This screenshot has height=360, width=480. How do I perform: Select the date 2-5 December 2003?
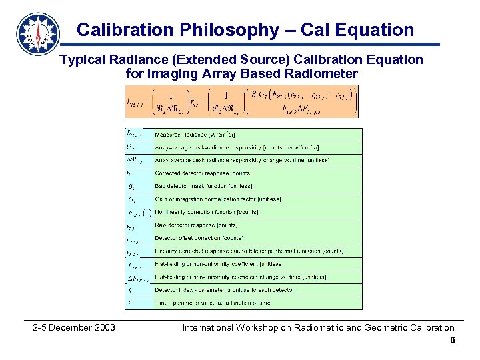coord(74,327)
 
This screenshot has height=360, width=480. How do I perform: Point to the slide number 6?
coord(452,340)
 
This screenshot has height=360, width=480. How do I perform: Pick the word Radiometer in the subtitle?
coord(324,73)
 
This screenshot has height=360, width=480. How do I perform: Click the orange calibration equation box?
coord(242,101)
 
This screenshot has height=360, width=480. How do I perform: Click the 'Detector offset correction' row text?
coord(199,238)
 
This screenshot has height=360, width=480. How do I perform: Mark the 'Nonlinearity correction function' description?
coord(206,212)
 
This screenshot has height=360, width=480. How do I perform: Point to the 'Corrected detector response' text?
coord(203,173)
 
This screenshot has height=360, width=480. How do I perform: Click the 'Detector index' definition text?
coord(223,290)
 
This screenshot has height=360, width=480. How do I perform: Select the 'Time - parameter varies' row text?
coord(212,303)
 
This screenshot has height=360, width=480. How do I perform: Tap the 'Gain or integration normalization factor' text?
coord(217,199)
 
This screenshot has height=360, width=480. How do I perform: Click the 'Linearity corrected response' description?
coord(249,251)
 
